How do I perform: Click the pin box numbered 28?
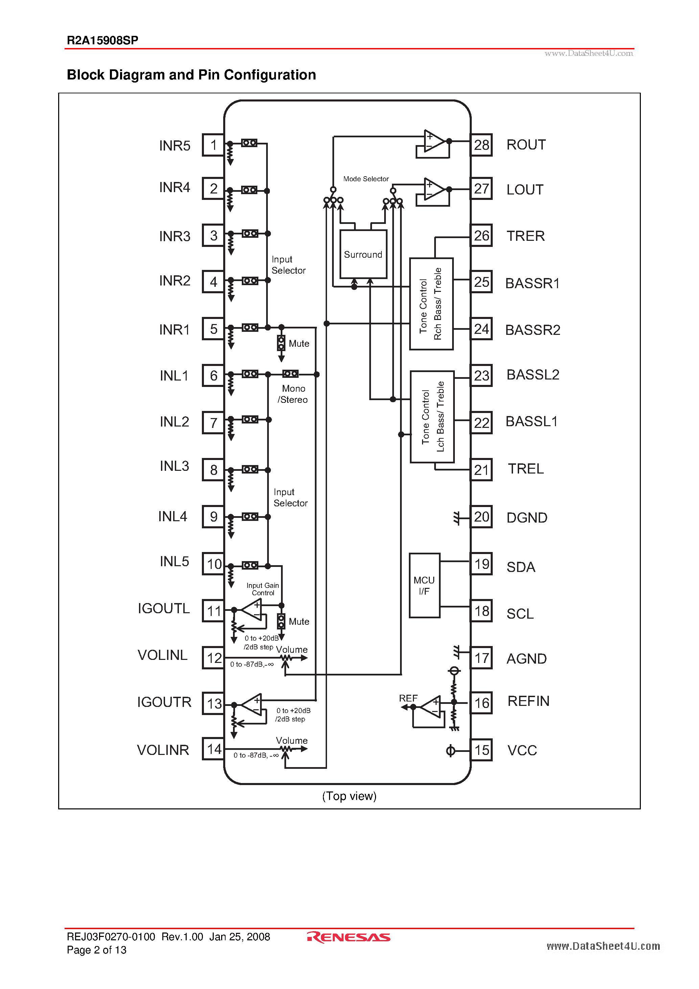tap(481, 145)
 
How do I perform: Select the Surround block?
tap(363, 254)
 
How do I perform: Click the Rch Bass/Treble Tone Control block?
tap(431, 304)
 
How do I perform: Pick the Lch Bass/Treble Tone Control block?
tap(432, 416)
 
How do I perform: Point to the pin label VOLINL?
tap(162, 655)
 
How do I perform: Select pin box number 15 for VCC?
tap(481, 750)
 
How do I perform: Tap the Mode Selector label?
tap(366, 179)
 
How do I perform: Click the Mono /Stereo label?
tap(293, 394)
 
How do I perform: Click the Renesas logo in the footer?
tap(349, 937)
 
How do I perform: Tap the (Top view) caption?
tap(349, 796)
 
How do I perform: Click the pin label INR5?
tap(174, 145)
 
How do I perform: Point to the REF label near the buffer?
tap(408, 698)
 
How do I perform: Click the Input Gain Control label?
tap(263, 589)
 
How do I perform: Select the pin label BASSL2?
tap(532, 375)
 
